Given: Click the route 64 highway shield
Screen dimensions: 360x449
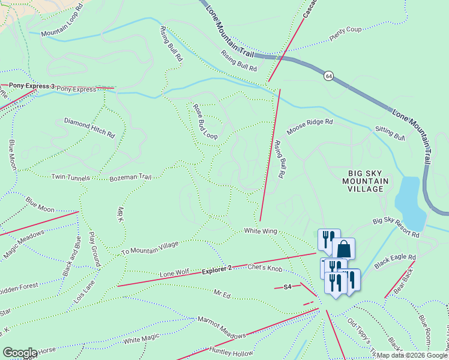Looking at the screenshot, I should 328,76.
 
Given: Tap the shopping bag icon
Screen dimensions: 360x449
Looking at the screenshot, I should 344,247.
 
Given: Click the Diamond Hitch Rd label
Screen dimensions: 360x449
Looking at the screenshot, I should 89,128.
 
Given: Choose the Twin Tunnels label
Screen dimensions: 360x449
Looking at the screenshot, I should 70,177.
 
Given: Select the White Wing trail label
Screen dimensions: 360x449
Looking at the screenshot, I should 259,230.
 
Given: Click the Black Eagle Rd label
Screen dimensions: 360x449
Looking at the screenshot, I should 395,261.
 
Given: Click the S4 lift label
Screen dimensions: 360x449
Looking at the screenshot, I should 287,287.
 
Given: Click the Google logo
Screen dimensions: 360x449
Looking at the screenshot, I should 19,352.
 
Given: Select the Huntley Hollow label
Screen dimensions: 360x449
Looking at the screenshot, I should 232,352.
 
